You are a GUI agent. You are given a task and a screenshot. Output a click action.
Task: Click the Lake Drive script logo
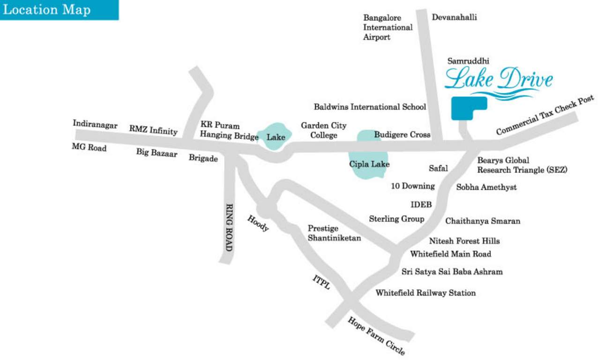point(498,80)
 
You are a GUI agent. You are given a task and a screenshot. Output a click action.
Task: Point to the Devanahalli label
point(454,17)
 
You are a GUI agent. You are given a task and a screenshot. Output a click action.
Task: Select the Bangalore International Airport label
point(388,27)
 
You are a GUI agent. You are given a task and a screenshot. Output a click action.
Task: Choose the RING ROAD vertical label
point(229,227)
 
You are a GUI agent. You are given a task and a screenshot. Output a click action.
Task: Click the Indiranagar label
point(95,124)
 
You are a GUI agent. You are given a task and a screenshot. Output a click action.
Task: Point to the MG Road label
point(89,148)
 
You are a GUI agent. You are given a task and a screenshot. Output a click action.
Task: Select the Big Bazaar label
point(157,152)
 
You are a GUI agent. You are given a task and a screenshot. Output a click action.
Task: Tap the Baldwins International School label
point(370,107)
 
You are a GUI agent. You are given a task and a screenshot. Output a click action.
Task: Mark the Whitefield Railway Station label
point(426,293)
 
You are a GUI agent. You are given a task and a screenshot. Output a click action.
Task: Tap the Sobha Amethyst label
point(486,187)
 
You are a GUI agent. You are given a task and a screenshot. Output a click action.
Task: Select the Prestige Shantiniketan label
point(334,233)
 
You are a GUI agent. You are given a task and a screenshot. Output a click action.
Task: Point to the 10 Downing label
point(413,186)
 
